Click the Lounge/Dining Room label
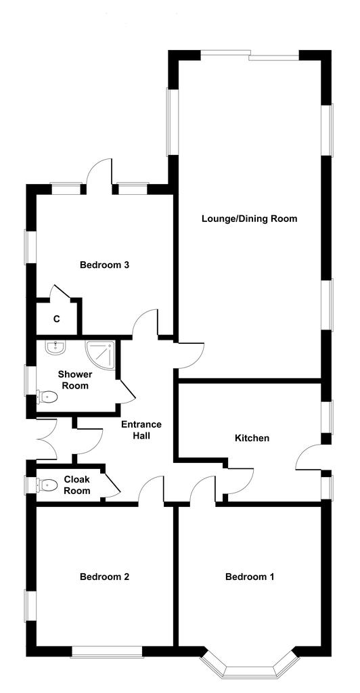click(x=249, y=219)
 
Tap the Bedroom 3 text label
click(x=104, y=265)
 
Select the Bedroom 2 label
click(x=104, y=577)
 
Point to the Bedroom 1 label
click(x=249, y=577)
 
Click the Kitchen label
click(x=252, y=438)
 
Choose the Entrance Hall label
click(x=141, y=430)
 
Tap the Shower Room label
click(x=74, y=380)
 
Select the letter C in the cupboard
click(x=57, y=319)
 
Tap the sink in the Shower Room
click(x=55, y=348)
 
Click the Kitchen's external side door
click(x=309, y=458)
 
